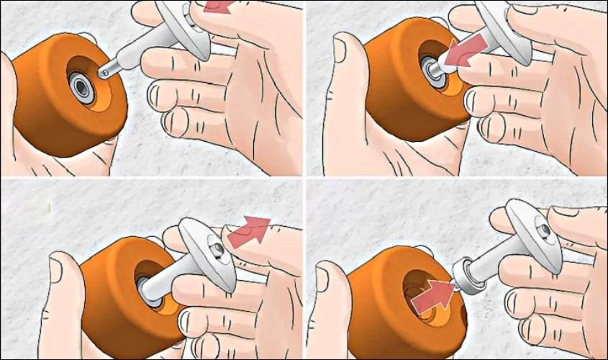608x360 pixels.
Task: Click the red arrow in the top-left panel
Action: tap(218, 7)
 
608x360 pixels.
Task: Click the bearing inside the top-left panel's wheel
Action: tap(82, 87)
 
